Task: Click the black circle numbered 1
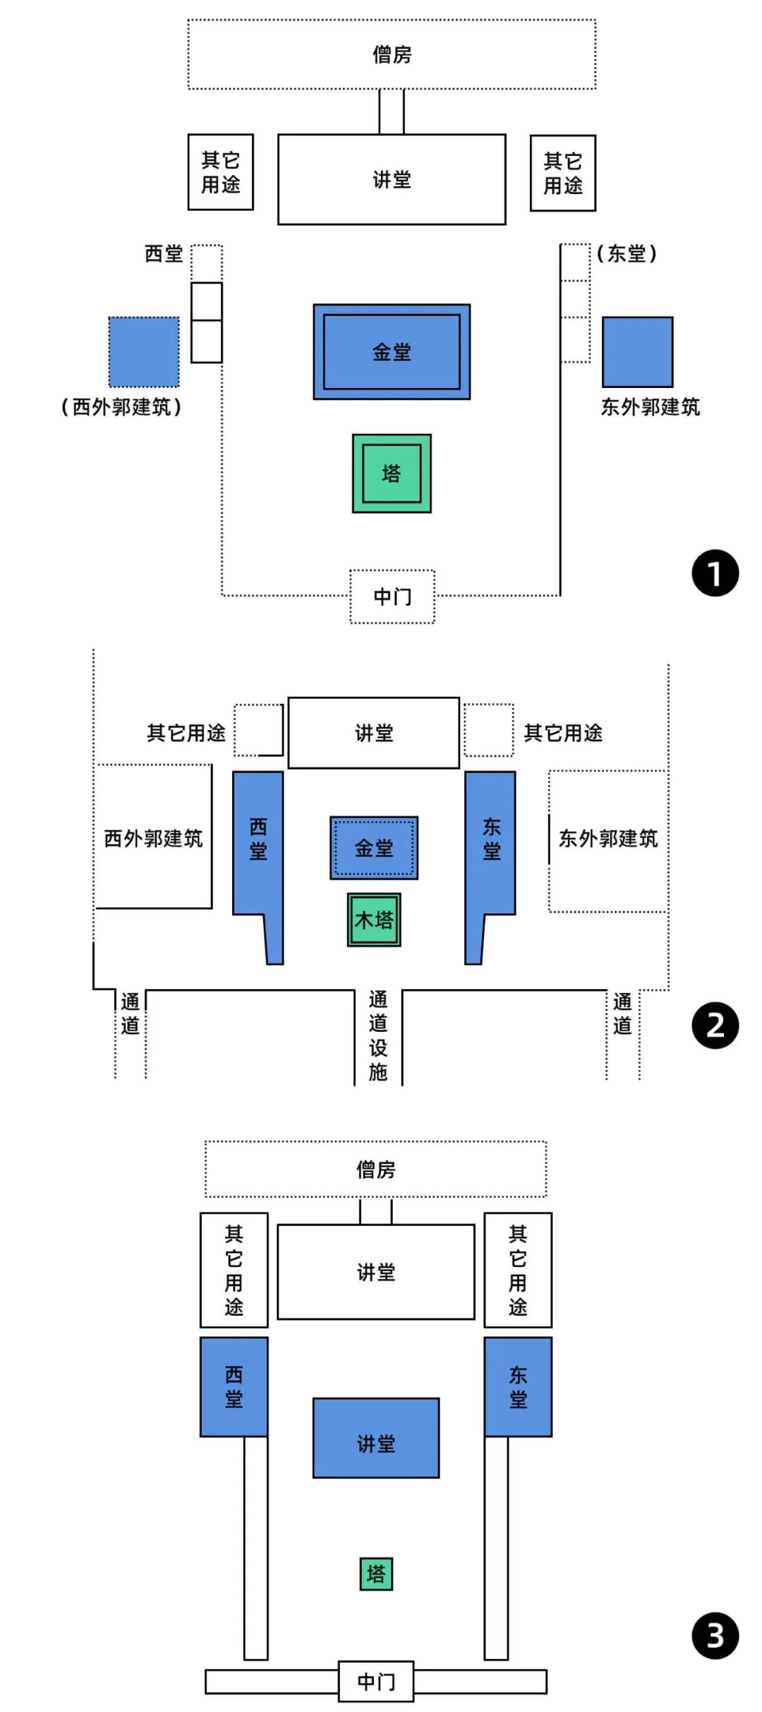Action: coord(715,573)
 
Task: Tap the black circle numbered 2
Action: coord(715,1026)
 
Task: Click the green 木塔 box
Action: coord(374,920)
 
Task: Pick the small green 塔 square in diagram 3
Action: coord(376,1574)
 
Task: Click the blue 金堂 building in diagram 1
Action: coord(392,352)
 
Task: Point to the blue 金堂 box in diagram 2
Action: coord(374,848)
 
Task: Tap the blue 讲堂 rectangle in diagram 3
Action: coord(376,1438)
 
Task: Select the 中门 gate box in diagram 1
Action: coord(392,597)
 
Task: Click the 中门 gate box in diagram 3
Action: coord(376,1682)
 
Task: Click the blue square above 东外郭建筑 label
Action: coord(637,352)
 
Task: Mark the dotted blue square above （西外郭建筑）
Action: coord(144,352)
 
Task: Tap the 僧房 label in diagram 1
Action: coord(392,54)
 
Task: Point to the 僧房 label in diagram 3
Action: coord(376,1170)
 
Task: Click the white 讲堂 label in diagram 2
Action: coord(374,733)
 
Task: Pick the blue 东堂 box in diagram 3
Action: coord(518,1387)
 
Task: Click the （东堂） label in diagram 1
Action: coord(627,253)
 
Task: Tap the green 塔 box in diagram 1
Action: coord(392,473)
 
